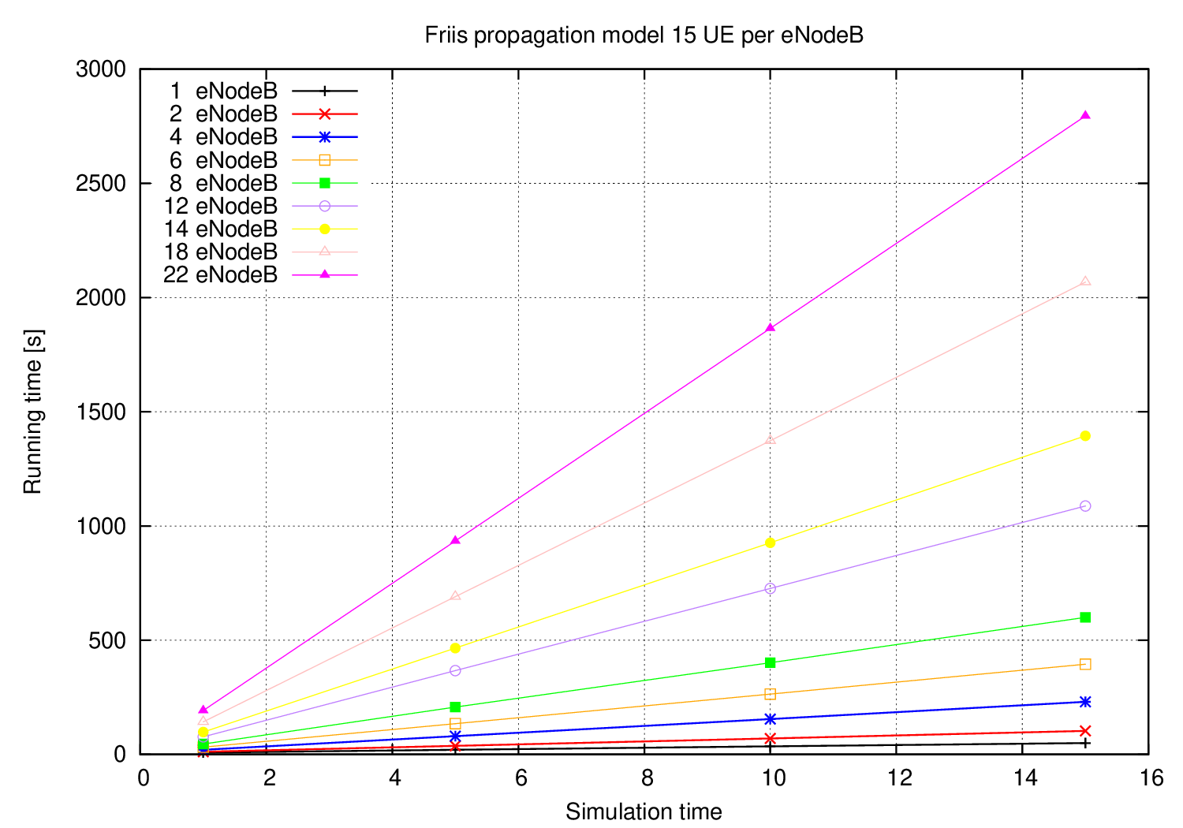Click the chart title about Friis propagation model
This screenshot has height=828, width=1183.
[644, 35]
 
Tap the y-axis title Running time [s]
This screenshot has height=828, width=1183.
[33, 412]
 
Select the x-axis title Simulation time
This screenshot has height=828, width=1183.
[644, 811]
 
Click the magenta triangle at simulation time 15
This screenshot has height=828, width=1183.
[1085, 115]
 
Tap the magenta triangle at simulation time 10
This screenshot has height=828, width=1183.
[771, 326]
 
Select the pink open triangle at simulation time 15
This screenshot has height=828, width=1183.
[1085, 281]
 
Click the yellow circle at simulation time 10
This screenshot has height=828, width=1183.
[771, 543]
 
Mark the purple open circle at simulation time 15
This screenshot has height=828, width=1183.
[1085, 505]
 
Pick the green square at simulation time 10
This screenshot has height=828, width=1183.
[771, 662]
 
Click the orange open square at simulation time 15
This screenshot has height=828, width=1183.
[1085, 664]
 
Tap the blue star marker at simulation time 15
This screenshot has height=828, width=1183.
[1085, 701]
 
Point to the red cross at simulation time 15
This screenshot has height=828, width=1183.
[1085, 731]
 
